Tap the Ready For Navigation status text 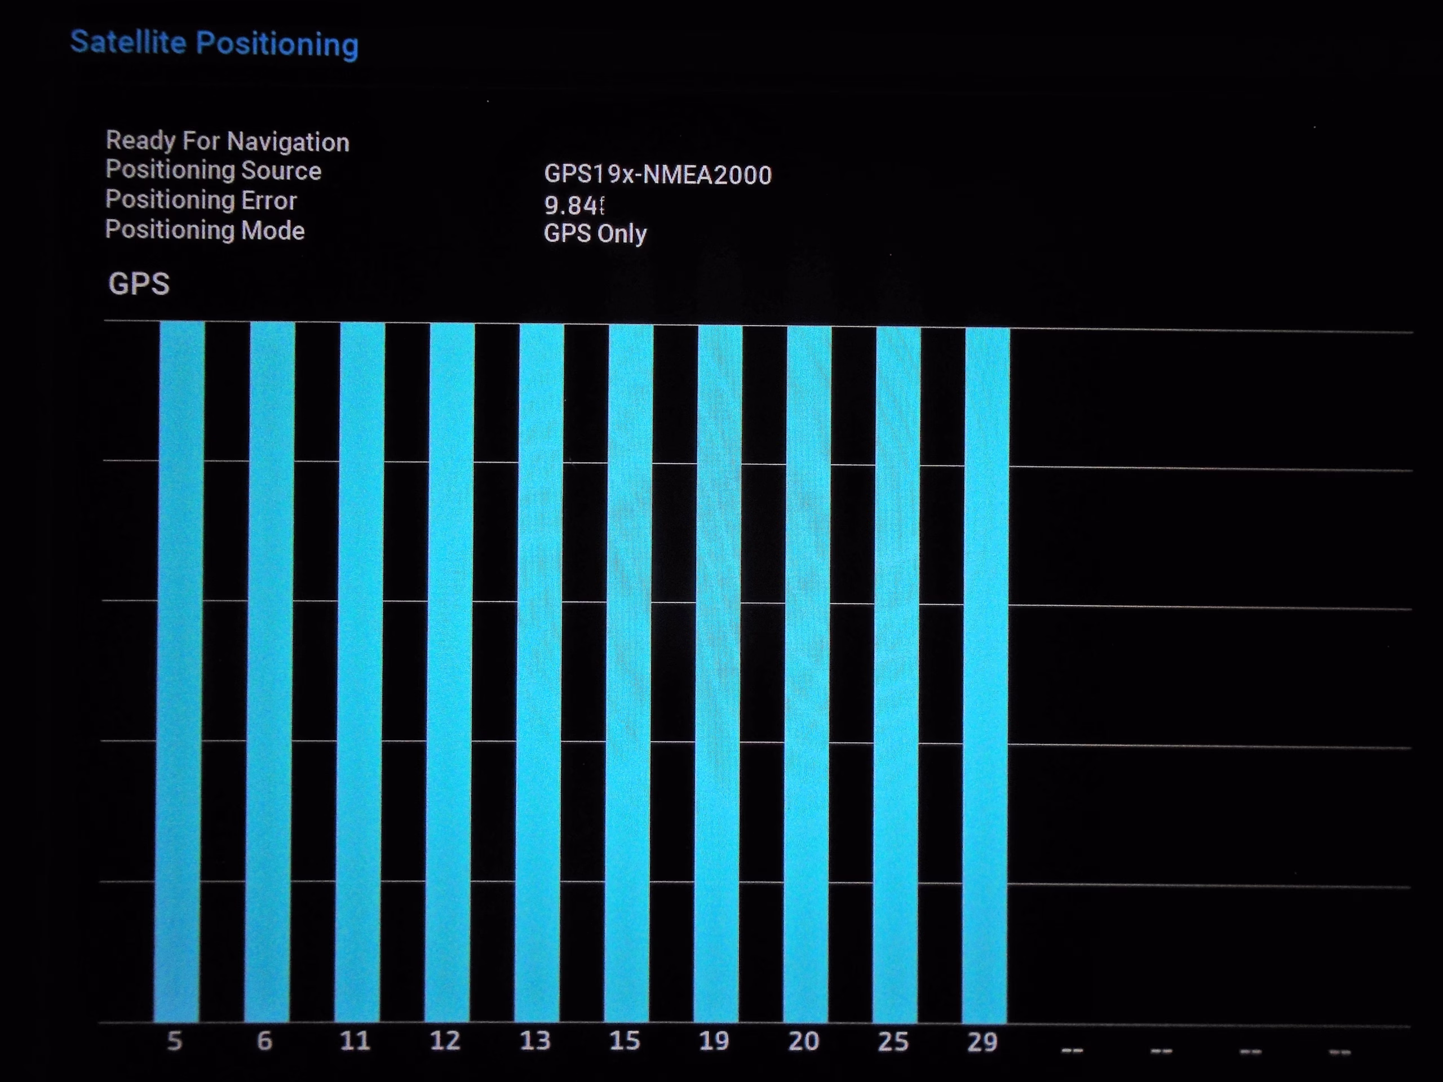227,141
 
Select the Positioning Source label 213,170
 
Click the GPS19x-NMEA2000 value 658,175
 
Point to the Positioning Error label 201,200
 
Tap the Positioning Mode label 205,230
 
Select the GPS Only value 595,233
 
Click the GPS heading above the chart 139,283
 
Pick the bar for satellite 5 179,672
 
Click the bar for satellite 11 360,672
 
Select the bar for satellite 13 539,672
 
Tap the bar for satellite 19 718,672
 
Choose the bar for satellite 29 986,675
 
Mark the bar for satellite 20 807,673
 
